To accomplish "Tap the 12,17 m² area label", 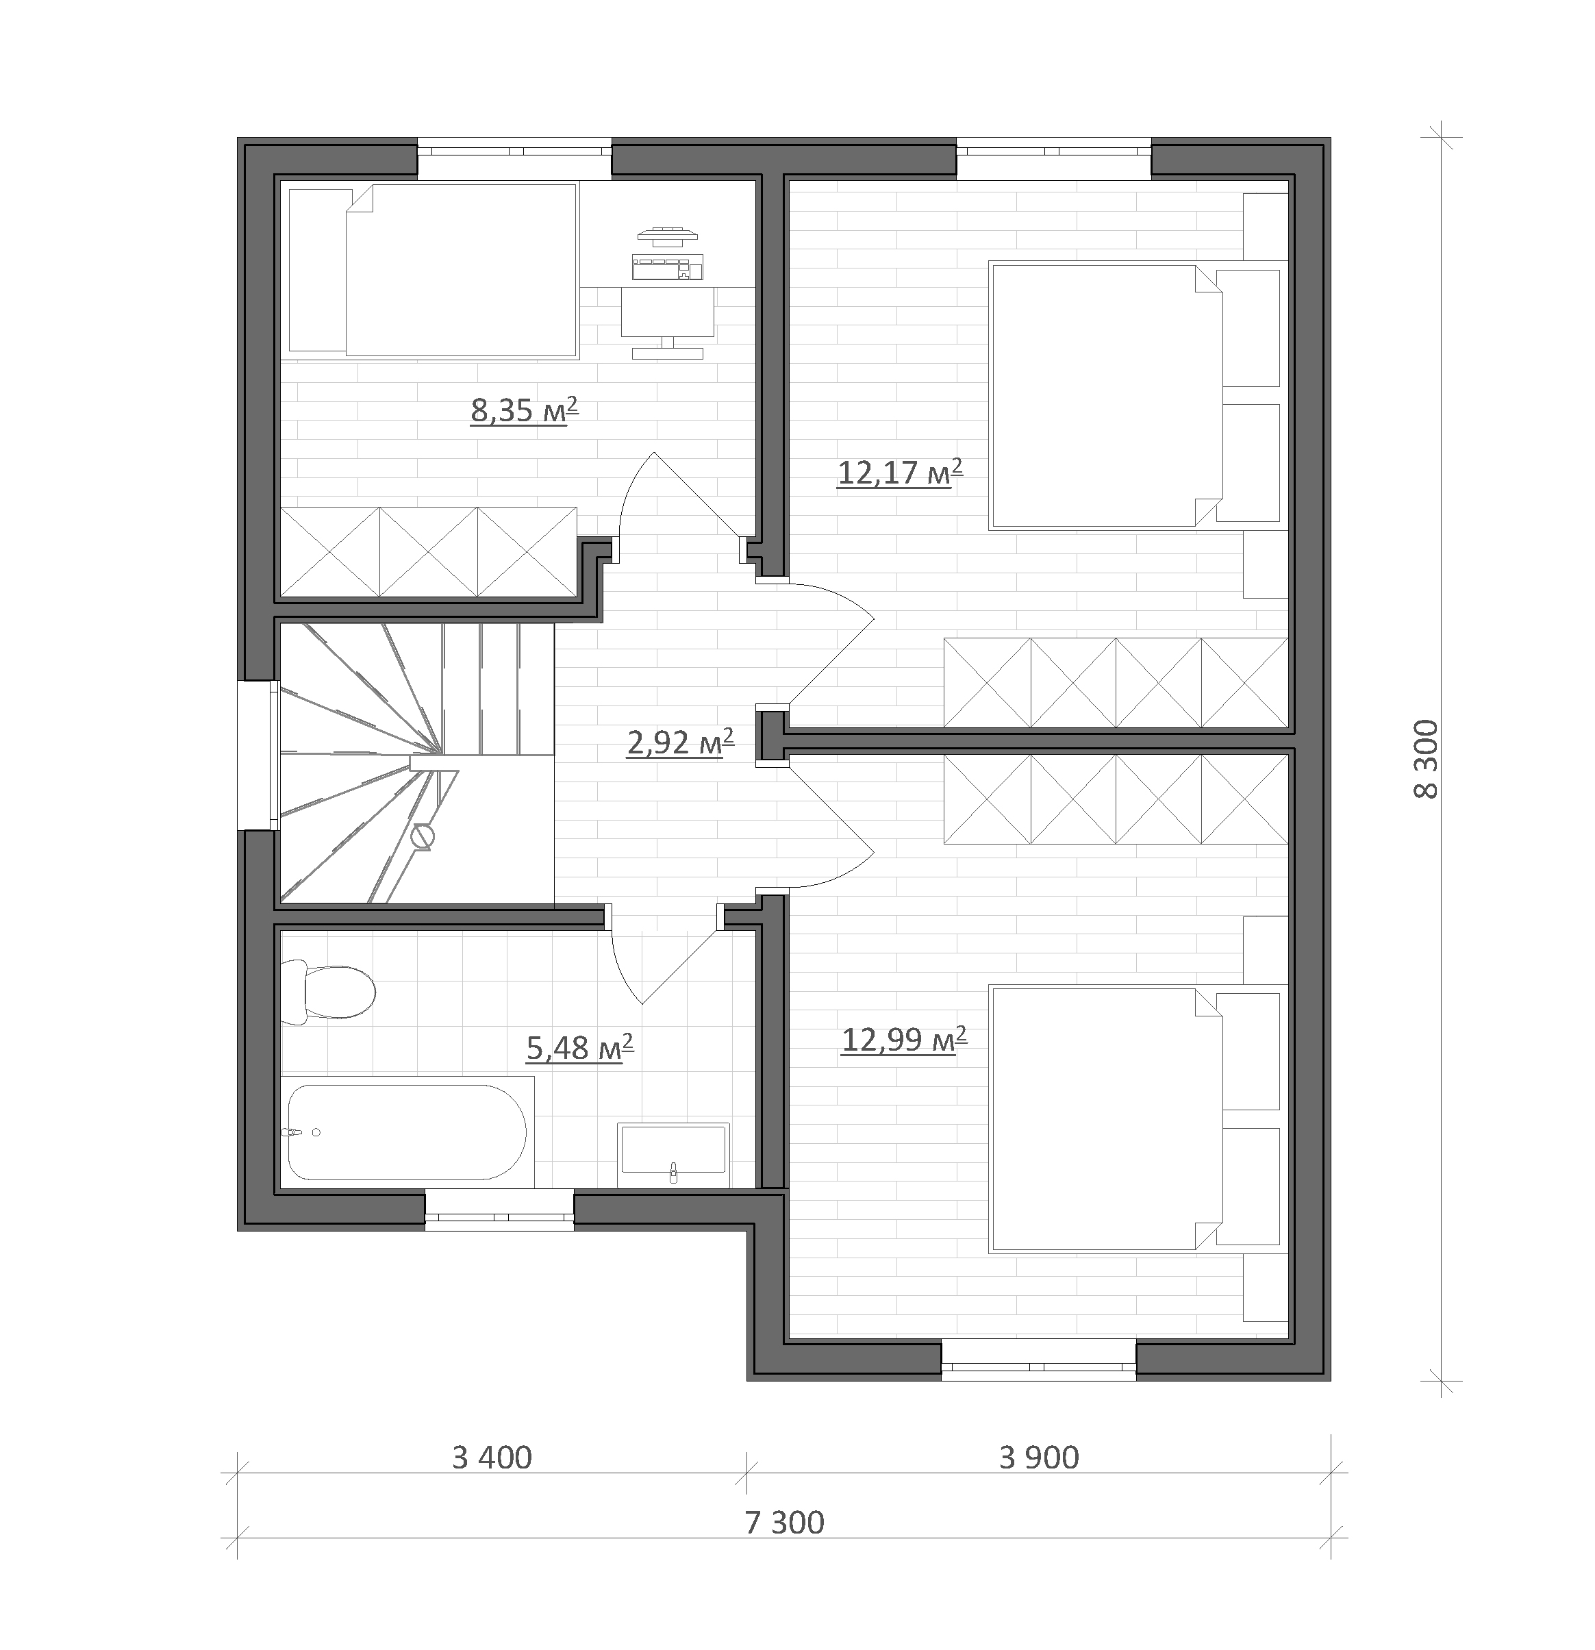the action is [x=900, y=473].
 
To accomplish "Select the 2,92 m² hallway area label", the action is [x=681, y=742].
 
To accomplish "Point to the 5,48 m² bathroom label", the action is [x=580, y=1048].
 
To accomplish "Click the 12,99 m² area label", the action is [x=904, y=1040].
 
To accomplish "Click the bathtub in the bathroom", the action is [x=407, y=1132].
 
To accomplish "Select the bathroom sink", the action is [x=673, y=1154].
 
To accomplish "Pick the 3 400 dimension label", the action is [x=492, y=1458].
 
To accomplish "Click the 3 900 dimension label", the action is [x=1039, y=1458].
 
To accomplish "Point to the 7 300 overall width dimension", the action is [x=784, y=1522].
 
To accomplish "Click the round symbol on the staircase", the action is [x=424, y=836].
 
